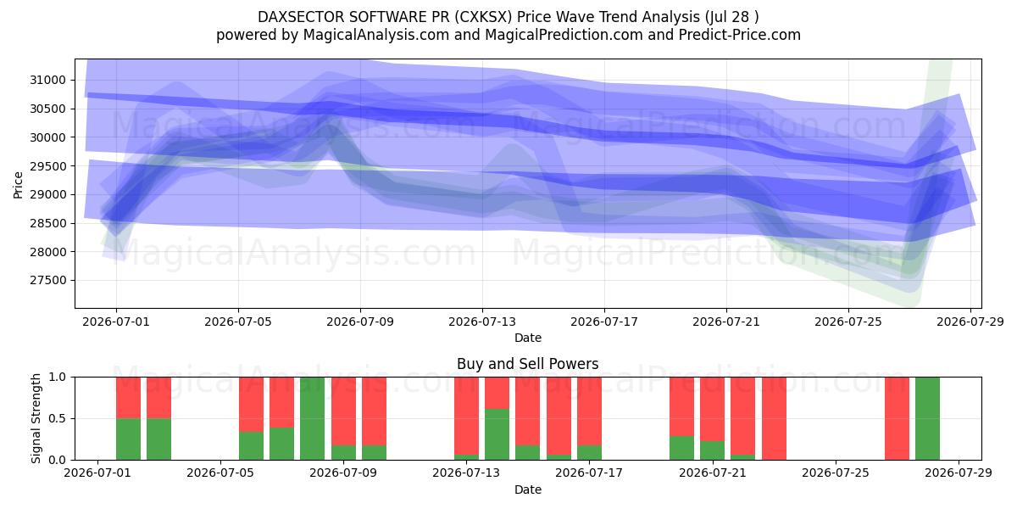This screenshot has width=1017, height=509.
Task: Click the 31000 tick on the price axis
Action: click(47, 81)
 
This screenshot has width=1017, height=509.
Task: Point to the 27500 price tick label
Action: click(47, 281)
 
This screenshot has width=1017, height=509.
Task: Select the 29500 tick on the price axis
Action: click(47, 166)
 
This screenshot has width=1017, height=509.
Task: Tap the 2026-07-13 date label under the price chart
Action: click(482, 322)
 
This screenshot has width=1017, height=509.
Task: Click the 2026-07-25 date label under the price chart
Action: click(848, 322)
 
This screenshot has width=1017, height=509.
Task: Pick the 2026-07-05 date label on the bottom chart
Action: click(220, 473)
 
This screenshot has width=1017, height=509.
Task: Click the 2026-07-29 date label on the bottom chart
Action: click(959, 473)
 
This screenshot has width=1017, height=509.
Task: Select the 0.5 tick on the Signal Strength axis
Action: click(57, 418)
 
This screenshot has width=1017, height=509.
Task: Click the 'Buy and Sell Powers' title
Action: click(527, 364)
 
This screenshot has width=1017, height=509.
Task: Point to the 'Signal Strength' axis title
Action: click(36, 418)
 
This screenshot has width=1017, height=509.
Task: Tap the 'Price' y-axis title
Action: click(18, 185)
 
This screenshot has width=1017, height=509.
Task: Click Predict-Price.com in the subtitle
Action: click(740, 35)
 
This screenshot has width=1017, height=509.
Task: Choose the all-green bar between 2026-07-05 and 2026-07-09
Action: click(313, 418)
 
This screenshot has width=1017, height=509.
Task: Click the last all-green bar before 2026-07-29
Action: click(927, 418)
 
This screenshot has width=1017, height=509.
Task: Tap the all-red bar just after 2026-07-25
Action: click(897, 418)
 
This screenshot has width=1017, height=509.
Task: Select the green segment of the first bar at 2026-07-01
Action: click(129, 439)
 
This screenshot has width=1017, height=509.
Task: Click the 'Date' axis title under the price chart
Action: click(527, 338)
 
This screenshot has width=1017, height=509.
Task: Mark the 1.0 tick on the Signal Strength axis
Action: click(57, 378)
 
